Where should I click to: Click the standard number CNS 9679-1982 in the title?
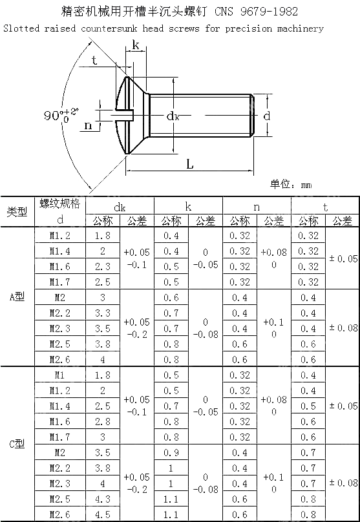click(x=262, y=12)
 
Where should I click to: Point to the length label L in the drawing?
click(x=189, y=164)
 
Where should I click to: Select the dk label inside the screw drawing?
click(x=173, y=116)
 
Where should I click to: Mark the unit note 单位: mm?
click(x=290, y=185)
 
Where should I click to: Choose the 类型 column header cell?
click(x=17, y=212)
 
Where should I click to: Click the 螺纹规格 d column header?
click(x=60, y=211)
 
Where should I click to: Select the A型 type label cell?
click(x=17, y=297)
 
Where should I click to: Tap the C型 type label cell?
click(x=17, y=444)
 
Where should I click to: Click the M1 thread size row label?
click(x=60, y=375)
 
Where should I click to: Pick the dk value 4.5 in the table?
click(x=102, y=515)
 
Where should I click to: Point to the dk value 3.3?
click(x=102, y=313)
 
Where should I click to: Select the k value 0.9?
click(x=171, y=453)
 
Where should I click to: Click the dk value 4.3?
click(x=102, y=499)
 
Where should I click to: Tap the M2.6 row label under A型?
click(x=60, y=360)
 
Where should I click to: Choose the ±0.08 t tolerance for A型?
click(x=343, y=328)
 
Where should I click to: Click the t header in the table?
click(x=325, y=207)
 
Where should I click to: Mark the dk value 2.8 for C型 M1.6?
click(x=102, y=422)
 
